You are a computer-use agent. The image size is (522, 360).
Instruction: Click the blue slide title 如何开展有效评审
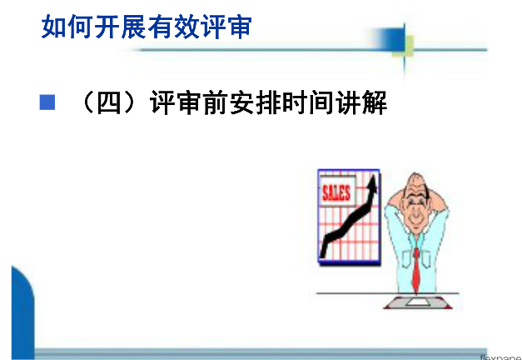(147, 27)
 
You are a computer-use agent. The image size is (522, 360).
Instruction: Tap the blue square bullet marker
(47, 102)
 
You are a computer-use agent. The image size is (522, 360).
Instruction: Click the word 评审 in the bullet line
(176, 102)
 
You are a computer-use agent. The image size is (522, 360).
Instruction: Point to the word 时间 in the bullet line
(308, 102)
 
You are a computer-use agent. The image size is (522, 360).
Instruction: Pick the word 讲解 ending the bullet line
(361, 102)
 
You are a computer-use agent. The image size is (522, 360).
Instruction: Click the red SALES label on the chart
(336, 192)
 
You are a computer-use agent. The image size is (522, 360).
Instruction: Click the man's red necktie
(416, 271)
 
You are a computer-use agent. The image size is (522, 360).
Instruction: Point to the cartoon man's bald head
(415, 182)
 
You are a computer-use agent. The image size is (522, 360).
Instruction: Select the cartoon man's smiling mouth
(415, 220)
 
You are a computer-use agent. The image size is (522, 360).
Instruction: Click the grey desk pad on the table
(418, 302)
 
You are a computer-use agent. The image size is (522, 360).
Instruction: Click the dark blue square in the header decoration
(392, 39)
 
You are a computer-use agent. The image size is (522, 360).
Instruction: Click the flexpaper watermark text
(500, 357)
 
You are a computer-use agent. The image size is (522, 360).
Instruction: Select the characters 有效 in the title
(173, 27)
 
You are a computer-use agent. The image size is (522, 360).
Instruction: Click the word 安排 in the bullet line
(255, 102)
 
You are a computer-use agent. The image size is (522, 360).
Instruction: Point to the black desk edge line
(387, 293)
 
